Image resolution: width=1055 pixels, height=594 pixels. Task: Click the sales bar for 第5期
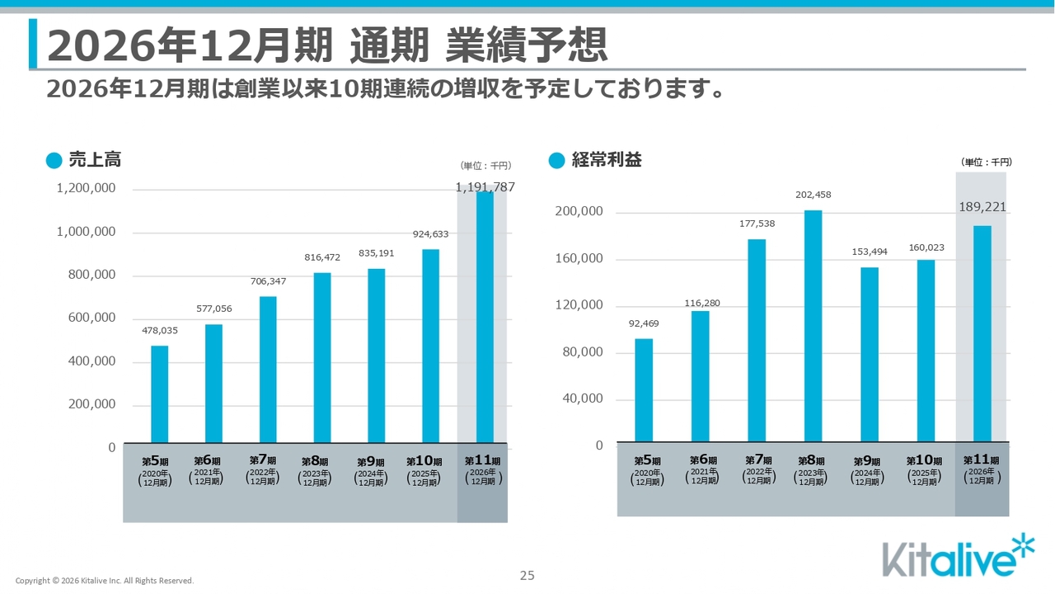(159, 394)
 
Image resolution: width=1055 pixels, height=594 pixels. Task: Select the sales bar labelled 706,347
(268, 370)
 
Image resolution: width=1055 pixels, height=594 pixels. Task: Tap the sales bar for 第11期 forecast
(485, 318)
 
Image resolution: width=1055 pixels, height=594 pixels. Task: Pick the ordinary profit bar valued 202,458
(813, 326)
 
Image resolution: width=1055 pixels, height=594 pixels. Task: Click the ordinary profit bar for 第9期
(870, 355)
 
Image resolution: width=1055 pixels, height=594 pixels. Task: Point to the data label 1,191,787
(485, 187)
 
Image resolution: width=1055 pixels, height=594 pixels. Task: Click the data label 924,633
(431, 234)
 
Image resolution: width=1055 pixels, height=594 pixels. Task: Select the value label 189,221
(982, 207)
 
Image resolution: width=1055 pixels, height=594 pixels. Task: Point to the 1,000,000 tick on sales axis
(86, 232)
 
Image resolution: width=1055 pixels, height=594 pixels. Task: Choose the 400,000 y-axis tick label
(86, 361)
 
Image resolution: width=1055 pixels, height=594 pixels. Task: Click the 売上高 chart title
(95, 160)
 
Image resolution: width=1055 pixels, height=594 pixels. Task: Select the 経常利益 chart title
(607, 160)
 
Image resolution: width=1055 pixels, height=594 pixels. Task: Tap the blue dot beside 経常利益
(556, 160)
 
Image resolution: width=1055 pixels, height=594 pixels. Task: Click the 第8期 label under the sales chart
(315, 461)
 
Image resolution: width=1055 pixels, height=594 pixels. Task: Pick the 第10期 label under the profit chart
(924, 460)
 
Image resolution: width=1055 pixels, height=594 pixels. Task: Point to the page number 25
(527, 576)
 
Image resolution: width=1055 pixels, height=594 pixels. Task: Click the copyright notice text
(105, 581)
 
